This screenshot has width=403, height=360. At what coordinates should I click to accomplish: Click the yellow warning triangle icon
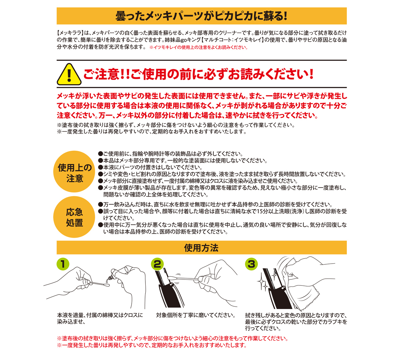pos(69,75)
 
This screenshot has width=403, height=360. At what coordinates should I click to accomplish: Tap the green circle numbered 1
pos(63,264)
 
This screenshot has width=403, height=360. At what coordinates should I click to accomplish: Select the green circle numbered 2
pos(158,264)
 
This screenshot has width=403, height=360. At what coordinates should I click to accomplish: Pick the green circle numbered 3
pos(252,264)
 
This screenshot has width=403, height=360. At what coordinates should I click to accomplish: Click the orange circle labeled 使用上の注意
pos(74,171)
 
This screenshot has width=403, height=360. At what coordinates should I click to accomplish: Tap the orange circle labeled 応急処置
pos(74,217)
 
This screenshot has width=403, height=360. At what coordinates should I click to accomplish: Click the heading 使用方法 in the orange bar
pos(201,248)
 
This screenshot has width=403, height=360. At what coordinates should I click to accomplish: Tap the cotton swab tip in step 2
pos(172,278)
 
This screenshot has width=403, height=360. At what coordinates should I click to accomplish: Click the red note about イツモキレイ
pos(198,48)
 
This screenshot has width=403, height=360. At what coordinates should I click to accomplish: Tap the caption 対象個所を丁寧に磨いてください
pos(196,315)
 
